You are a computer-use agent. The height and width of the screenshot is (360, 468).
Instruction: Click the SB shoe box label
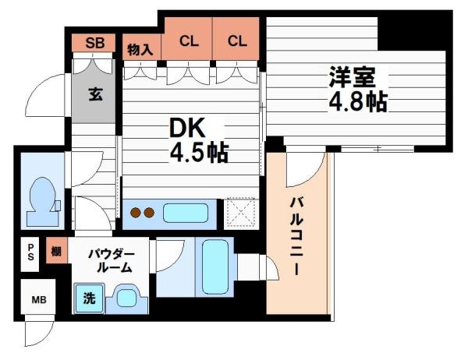pos(94,43)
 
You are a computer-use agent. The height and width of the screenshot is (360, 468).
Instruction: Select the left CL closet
pos(187,42)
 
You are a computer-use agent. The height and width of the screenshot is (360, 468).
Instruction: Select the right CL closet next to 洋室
pos(238,42)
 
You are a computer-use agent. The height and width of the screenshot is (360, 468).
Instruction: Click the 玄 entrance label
pos(94,95)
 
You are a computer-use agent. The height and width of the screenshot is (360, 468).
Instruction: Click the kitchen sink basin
pos(186,212)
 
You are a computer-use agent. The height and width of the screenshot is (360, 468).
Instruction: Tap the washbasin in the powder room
pos(125,297)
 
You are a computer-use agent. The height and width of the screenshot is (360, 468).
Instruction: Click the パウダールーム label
pos(111,259)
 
